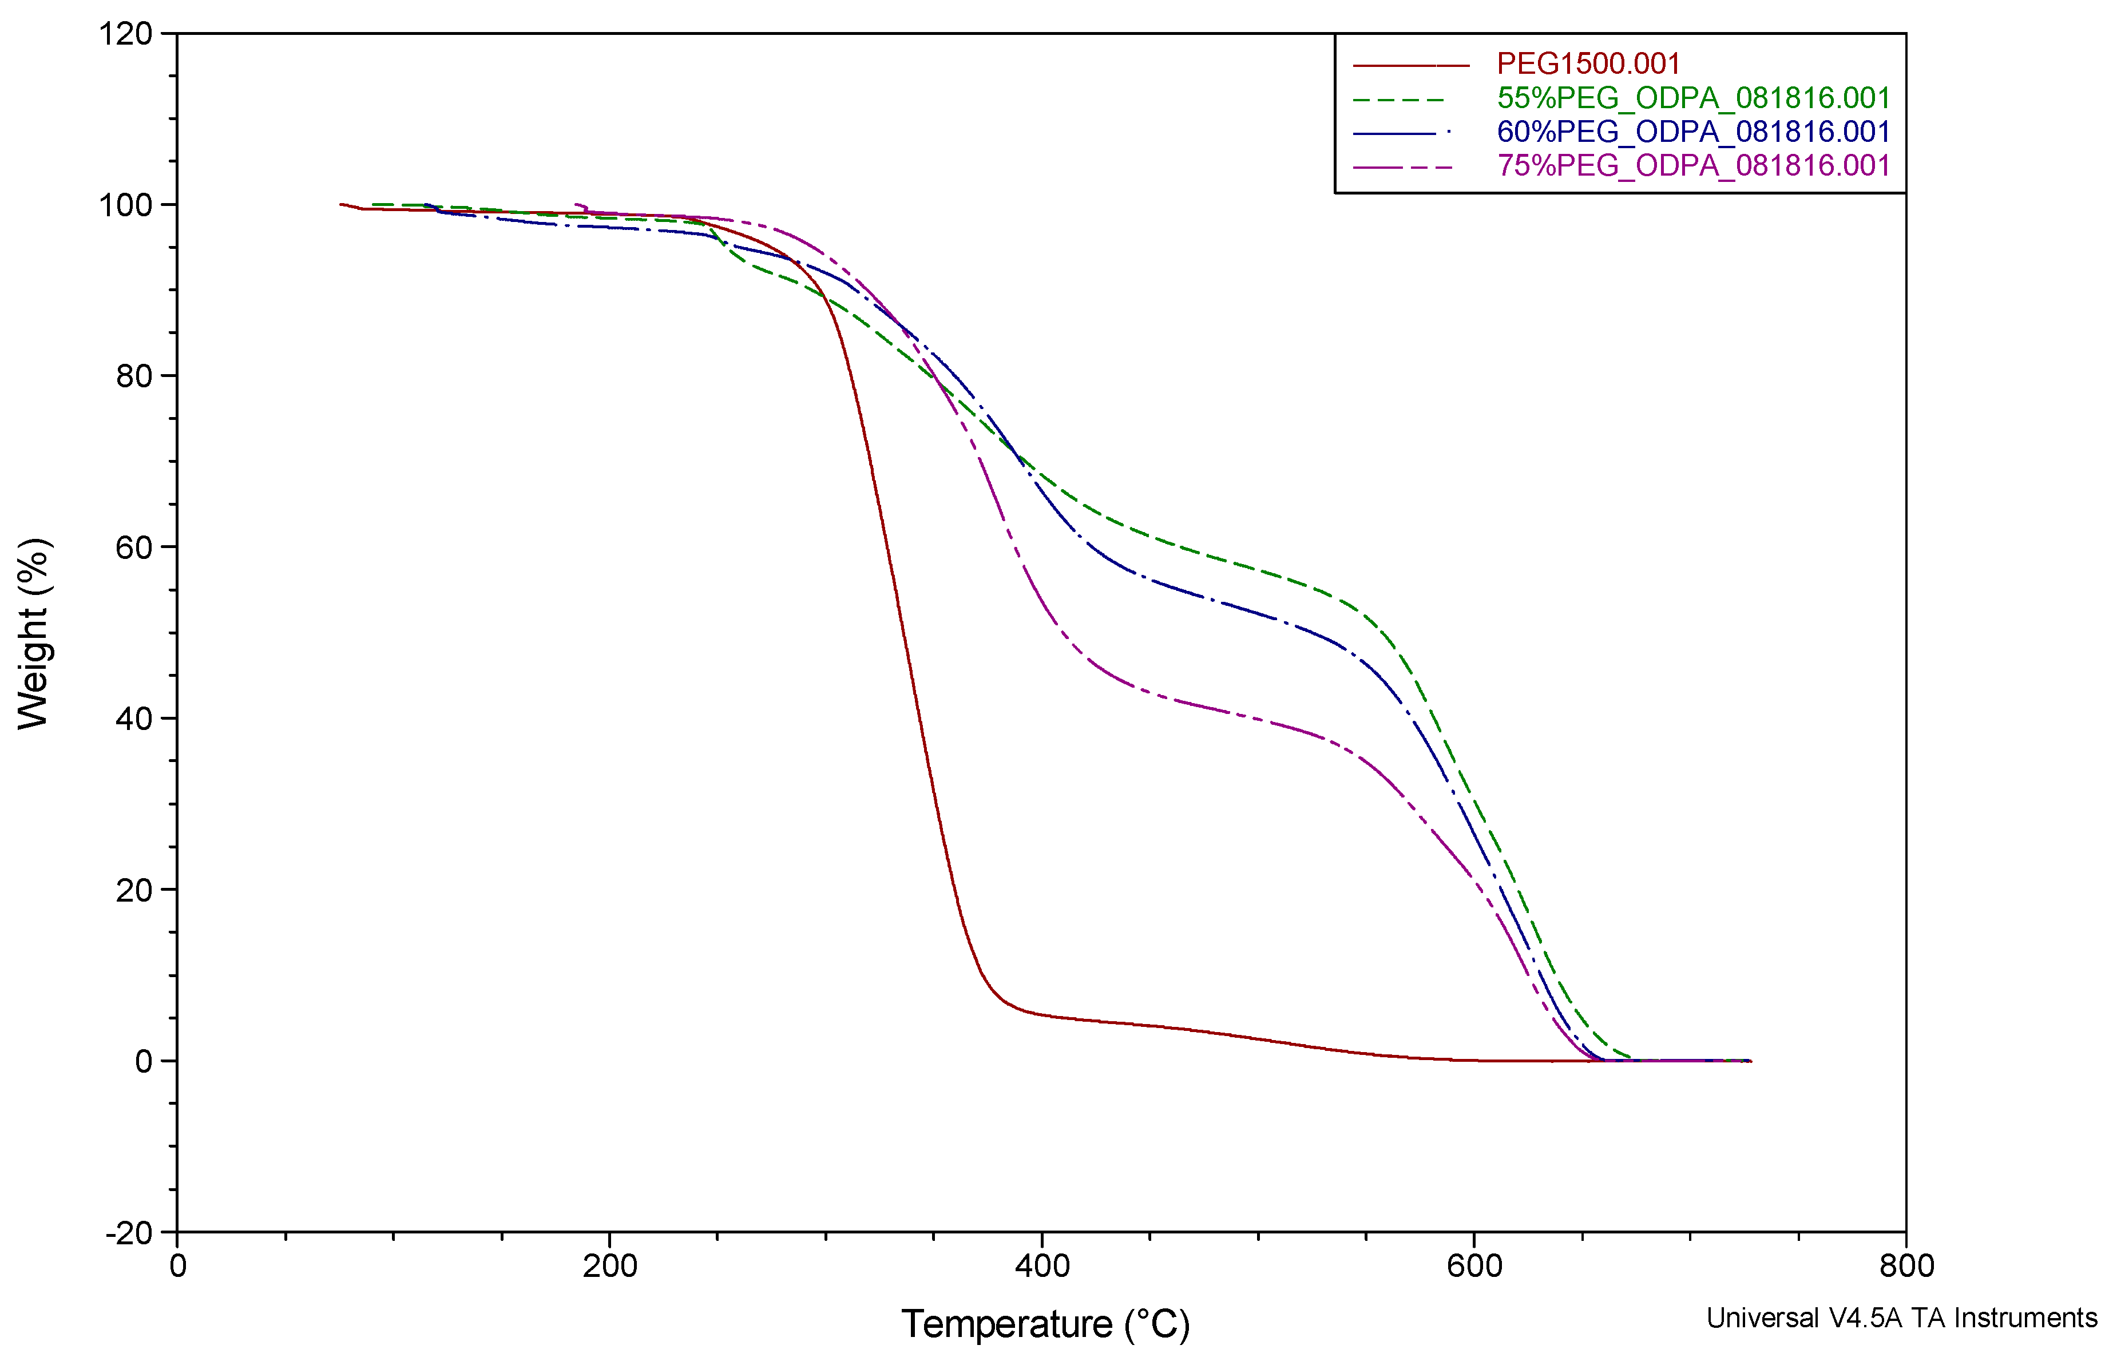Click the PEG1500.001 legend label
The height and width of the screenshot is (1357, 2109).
click(1588, 64)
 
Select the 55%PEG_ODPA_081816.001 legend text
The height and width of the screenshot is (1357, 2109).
click(1693, 98)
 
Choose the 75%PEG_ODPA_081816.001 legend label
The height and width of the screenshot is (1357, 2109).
click(1693, 166)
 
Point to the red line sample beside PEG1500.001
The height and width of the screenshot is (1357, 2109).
click(1410, 65)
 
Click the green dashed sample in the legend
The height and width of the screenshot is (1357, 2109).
click(1401, 100)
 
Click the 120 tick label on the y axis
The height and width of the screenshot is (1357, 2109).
click(125, 34)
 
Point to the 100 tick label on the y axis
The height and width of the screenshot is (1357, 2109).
click(125, 205)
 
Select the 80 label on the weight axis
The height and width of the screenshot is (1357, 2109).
click(134, 376)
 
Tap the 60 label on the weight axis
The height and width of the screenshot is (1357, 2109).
click(134, 548)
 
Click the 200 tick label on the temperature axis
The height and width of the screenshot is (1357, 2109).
click(610, 1266)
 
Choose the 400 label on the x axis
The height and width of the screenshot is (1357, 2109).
click(1042, 1266)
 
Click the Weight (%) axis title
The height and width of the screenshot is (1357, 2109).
click(34, 633)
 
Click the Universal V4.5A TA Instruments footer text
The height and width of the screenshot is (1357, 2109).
click(1901, 1318)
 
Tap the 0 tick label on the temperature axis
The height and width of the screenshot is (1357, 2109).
click(178, 1266)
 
